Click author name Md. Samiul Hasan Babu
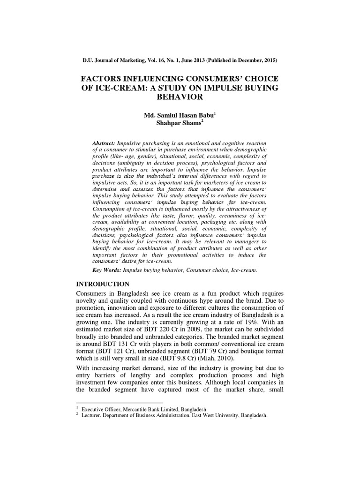coord(174,116)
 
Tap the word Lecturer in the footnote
coord(92,415)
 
